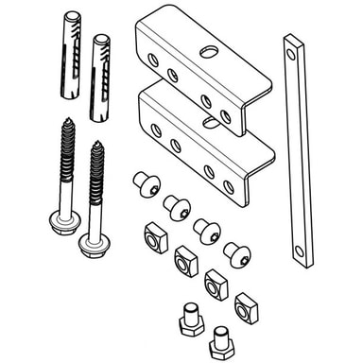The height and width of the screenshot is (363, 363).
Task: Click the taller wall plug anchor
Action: [x=71, y=57]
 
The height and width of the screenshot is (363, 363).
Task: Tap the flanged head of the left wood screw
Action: [x=64, y=222]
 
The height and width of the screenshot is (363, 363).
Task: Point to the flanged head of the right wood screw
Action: [x=93, y=245]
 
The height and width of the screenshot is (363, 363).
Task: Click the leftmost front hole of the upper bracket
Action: [x=153, y=59]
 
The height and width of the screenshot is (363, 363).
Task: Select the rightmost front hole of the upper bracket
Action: [x=225, y=115]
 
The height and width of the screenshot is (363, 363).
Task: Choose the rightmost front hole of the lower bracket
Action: [x=228, y=186]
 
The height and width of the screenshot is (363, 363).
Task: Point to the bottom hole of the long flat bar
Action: [x=300, y=252]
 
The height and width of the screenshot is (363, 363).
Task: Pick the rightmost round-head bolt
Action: [x=236, y=253]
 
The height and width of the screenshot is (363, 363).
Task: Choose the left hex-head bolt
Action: [x=190, y=319]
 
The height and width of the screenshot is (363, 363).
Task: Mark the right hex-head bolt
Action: [x=220, y=340]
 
